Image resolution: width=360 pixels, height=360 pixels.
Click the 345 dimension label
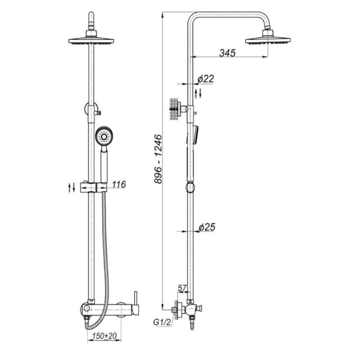click(227, 53)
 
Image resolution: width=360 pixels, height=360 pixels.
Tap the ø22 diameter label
click(206, 79)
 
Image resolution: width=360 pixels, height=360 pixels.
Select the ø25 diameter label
click(207, 227)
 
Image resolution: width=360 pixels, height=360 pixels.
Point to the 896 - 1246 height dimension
click(158, 159)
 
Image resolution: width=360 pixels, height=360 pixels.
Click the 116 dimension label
click(119, 184)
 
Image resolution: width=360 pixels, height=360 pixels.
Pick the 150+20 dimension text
click(104, 336)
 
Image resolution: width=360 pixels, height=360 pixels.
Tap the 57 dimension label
click(182, 288)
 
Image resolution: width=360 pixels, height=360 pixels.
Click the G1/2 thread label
click(162, 322)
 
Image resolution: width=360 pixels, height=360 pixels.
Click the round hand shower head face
click(104, 137)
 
